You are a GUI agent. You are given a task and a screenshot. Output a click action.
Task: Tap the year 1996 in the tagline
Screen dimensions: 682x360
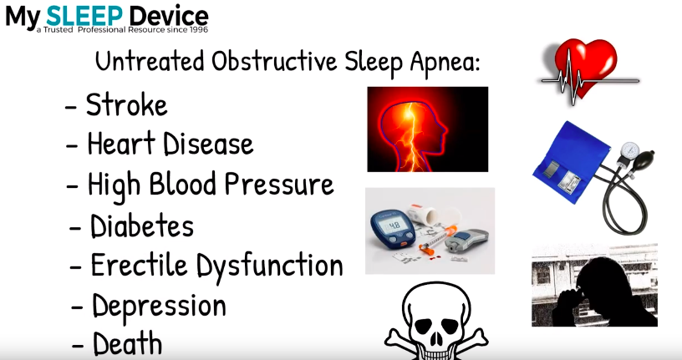coord(199,30)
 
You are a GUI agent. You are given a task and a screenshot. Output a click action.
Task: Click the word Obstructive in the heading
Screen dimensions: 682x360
coord(274,62)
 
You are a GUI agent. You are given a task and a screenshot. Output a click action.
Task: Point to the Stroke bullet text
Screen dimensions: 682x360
coord(126,105)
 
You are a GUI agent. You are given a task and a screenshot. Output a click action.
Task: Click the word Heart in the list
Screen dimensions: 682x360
coord(121,144)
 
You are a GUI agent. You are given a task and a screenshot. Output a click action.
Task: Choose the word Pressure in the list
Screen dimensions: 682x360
coord(279,184)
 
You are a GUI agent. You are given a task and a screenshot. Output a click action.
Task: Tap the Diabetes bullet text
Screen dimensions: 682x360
coord(142,226)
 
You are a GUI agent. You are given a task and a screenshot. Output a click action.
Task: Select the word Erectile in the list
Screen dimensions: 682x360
coord(140,265)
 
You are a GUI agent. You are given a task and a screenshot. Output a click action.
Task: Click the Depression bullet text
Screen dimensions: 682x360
coord(159,307)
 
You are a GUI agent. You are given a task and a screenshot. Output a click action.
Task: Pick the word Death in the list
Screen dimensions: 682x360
coord(127,343)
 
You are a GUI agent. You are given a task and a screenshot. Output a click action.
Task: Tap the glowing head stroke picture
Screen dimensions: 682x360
coord(428,129)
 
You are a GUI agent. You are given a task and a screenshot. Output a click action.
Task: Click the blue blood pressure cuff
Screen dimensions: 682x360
coord(567,162)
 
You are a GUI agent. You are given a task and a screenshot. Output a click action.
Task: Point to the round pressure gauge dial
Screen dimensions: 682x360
coord(629,152)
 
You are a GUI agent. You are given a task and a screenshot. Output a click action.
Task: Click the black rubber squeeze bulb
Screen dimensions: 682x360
coord(644,160)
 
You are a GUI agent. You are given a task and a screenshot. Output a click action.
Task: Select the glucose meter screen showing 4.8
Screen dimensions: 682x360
coord(394,226)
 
